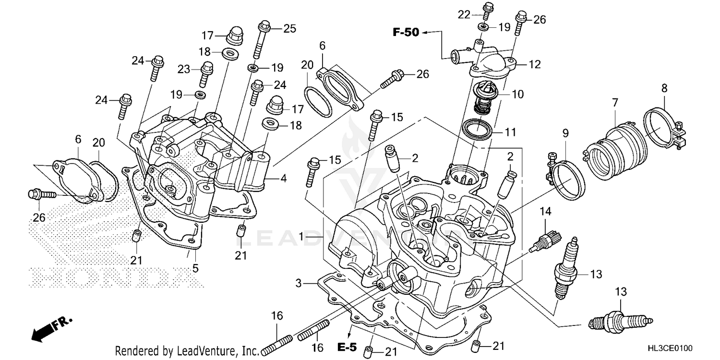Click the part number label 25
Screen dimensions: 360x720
[x=289, y=28]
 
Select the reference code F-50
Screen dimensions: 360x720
[x=406, y=33]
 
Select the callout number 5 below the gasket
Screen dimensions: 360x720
[x=195, y=268]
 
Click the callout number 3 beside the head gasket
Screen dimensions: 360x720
[x=298, y=284]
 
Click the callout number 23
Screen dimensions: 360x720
[x=184, y=69]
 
